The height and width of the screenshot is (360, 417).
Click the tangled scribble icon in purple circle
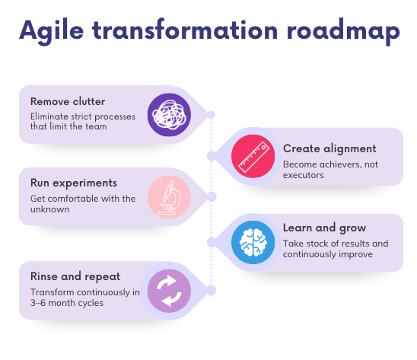168,115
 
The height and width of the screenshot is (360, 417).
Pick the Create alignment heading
329,148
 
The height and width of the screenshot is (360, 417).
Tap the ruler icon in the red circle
253,156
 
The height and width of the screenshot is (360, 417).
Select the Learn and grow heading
325,228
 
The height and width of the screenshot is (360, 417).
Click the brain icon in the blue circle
253,241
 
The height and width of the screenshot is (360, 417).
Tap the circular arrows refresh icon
168,290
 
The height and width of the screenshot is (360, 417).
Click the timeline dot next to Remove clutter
212,115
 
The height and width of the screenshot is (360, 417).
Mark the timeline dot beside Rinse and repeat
212,290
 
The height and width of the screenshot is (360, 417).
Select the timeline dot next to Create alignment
211,156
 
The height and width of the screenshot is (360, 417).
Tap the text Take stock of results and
336,243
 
